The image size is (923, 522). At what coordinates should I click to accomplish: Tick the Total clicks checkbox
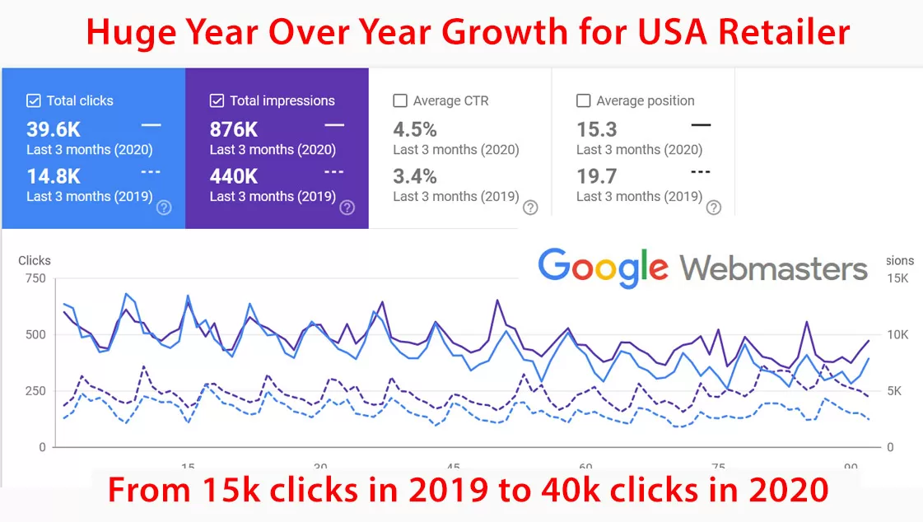click(x=34, y=100)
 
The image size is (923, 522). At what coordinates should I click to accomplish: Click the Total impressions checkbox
click(x=217, y=100)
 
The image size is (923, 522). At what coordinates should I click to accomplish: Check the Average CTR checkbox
click(x=400, y=100)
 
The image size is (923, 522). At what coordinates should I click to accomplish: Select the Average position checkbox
click(x=584, y=100)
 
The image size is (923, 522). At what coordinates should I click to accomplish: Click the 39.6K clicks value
click(x=54, y=129)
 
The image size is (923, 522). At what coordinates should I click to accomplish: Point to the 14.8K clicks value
click(x=54, y=176)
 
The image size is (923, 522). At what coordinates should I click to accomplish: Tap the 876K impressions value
click(x=234, y=129)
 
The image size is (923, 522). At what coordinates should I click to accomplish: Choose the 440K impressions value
click(x=234, y=176)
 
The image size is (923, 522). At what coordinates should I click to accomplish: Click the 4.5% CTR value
click(x=415, y=129)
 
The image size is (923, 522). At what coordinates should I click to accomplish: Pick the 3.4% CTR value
click(x=415, y=176)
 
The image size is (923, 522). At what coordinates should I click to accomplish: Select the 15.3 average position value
click(x=597, y=129)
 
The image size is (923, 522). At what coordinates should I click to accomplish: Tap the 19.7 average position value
click(x=597, y=176)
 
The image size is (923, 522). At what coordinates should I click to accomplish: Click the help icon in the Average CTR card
click(x=530, y=207)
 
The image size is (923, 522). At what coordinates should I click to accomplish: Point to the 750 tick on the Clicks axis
click(x=35, y=278)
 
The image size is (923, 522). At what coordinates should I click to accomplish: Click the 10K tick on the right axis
click(x=897, y=334)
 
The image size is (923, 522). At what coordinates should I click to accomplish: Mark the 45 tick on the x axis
click(x=453, y=465)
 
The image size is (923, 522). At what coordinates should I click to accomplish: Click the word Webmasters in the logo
click(x=774, y=268)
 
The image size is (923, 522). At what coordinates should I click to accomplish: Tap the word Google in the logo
click(x=603, y=267)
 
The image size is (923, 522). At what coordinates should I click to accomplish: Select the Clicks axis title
click(x=35, y=260)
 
